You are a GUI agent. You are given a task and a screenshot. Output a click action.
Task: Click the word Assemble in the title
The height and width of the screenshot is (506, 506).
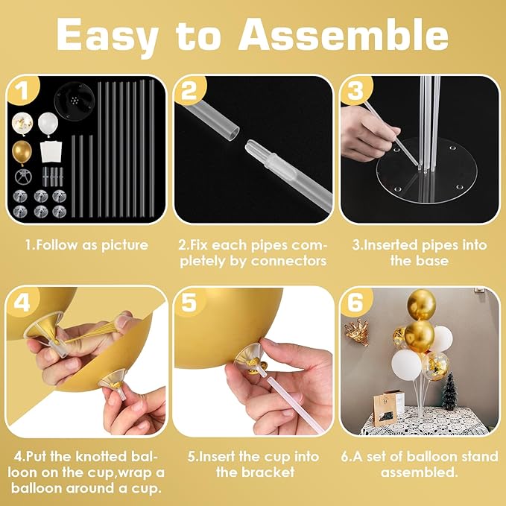[x=344, y=35]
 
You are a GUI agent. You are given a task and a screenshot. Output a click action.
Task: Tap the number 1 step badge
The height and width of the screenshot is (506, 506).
[x=22, y=90]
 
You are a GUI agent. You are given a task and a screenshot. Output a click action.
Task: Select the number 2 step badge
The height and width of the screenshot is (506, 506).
[x=190, y=90]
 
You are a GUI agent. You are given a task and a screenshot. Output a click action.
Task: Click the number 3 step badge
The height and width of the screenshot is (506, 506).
[x=356, y=90]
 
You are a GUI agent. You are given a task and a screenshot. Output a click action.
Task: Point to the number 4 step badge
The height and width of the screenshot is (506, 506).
[x=22, y=302]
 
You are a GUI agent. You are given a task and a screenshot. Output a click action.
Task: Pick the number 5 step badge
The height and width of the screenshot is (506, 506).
[x=190, y=302]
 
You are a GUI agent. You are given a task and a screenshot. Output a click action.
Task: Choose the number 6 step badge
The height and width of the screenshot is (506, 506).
[x=356, y=302]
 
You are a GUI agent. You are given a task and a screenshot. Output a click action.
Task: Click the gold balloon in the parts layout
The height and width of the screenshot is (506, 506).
[x=22, y=152]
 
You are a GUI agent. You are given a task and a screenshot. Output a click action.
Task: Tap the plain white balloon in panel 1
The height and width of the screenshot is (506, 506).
[x=48, y=124]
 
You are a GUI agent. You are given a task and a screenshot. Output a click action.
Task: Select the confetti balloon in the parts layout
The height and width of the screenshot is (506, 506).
[x=22, y=124]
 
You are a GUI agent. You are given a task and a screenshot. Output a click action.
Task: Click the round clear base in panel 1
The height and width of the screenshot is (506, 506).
[x=75, y=101]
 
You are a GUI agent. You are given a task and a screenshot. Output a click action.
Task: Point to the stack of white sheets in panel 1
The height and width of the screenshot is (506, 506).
[x=51, y=152]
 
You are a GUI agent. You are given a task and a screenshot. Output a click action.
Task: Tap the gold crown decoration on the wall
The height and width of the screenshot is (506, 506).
[x=357, y=332]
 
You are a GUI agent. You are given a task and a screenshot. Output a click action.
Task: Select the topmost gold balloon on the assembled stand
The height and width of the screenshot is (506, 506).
[x=422, y=304]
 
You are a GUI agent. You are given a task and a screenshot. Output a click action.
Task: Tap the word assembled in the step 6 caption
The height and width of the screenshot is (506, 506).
[x=420, y=472]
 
